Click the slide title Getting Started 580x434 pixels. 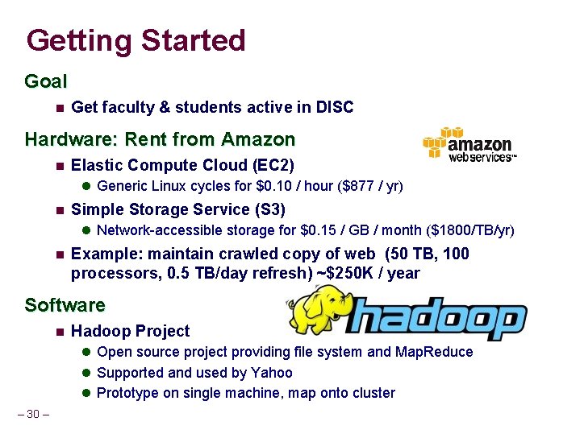[136, 40]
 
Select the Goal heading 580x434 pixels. [46, 81]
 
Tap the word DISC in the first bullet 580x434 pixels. [335, 107]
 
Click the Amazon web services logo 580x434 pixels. [469, 145]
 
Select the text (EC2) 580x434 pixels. [273, 166]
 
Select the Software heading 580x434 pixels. [65, 305]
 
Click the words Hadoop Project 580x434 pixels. [131, 331]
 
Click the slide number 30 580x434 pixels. [32, 414]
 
